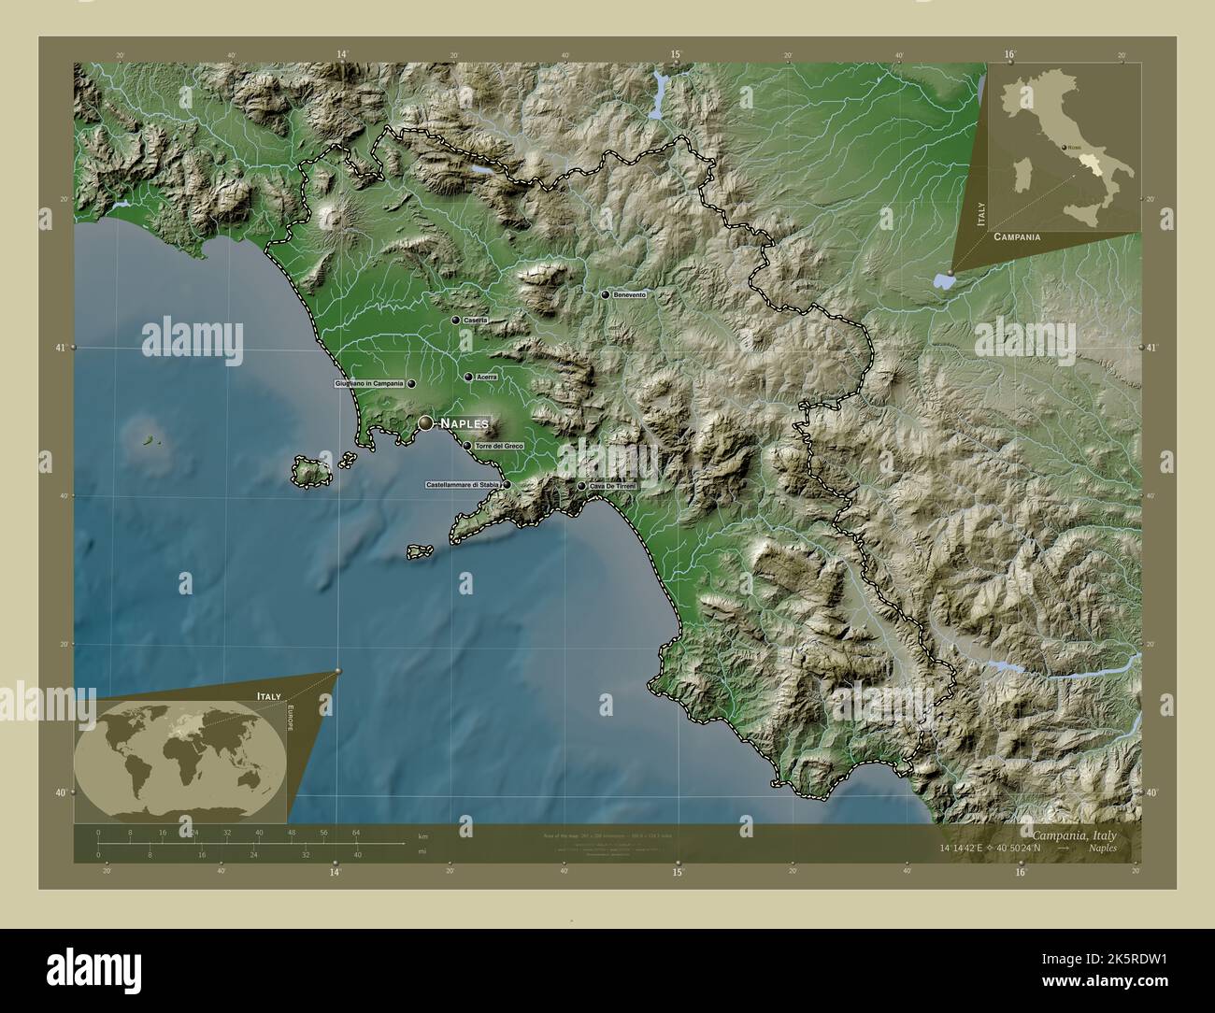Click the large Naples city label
coord(465,423)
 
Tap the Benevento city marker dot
coord(606,295)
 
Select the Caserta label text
coord(476,321)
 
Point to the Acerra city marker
coord(468,378)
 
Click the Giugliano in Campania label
coord(368,384)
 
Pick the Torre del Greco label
coord(499,447)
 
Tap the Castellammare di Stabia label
coord(464,485)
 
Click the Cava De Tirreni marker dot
coord(581,486)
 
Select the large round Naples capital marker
coord(426,423)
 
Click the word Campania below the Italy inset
coord(1018,237)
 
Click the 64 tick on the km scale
coord(356,832)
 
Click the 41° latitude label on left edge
coord(59,348)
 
